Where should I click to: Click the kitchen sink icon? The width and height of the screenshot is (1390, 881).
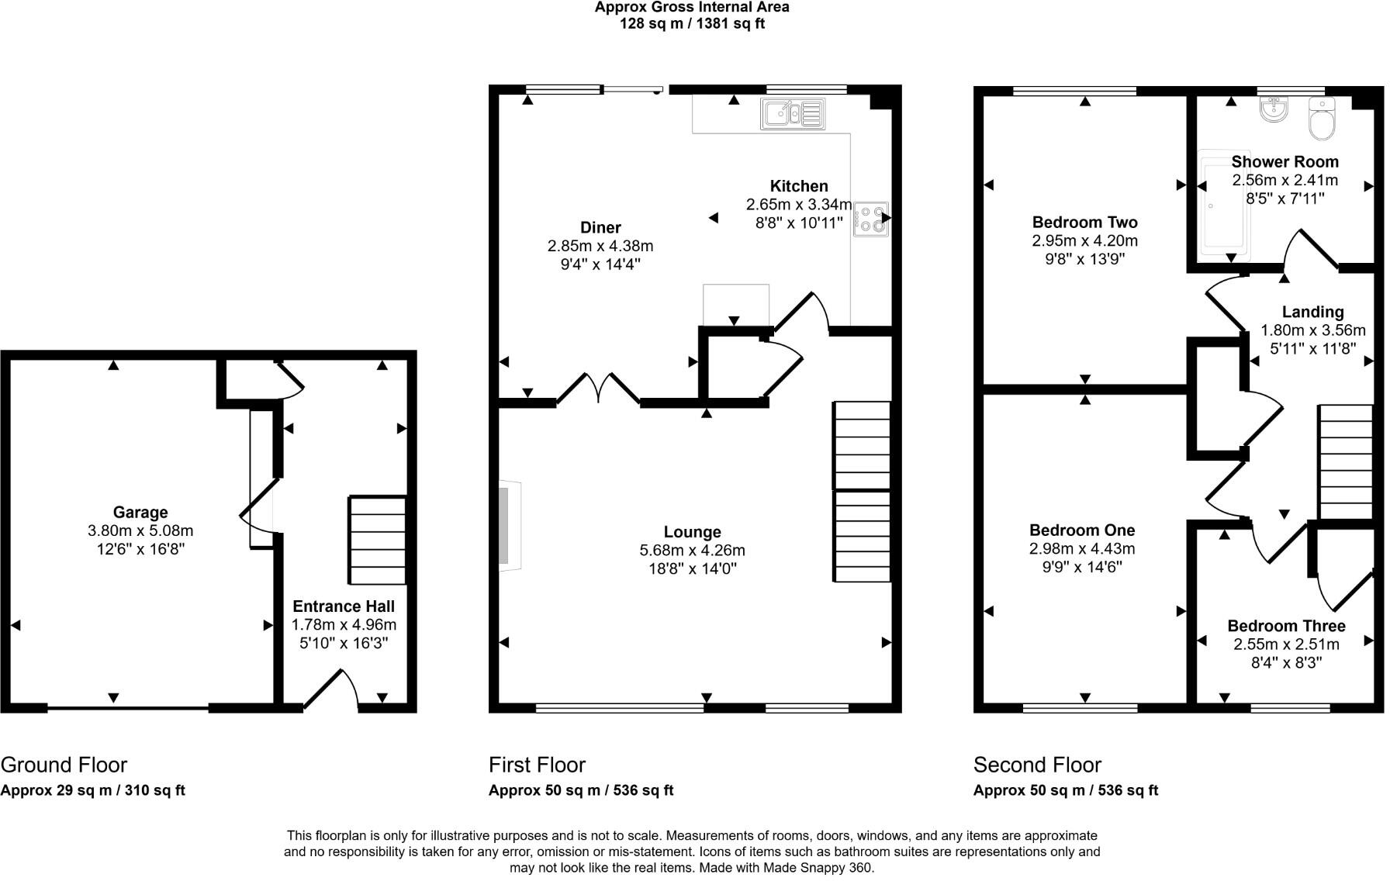click(x=793, y=114)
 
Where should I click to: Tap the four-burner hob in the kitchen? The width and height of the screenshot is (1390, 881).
click(x=870, y=219)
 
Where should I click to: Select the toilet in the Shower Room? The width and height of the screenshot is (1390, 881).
click(x=1321, y=119)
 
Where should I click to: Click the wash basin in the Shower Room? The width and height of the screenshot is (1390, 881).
click(x=1274, y=111)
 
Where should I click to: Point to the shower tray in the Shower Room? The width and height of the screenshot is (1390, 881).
click(x=1222, y=203)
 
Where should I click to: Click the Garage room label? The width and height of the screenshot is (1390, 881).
click(x=140, y=513)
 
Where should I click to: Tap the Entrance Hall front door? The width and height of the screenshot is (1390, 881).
click(x=330, y=689)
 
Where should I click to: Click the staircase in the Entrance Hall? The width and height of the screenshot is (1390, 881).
click(x=378, y=541)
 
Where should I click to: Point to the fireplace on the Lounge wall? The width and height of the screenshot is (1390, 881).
click(x=510, y=527)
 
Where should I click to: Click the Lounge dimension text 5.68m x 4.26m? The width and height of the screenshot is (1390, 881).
click(x=692, y=551)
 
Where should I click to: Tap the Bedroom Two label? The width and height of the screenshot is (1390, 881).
click(x=1084, y=223)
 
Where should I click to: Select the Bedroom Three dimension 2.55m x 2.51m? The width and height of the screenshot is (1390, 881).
click(x=1286, y=644)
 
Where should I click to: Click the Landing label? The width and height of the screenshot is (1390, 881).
click(x=1312, y=312)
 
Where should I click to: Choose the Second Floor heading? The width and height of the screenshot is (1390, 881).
click(x=1037, y=765)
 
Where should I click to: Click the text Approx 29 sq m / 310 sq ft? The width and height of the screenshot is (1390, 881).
click(x=93, y=791)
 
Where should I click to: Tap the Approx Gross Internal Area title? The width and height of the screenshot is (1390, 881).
click(x=692, y=8)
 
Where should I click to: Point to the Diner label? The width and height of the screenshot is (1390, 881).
click(x=600, y=228)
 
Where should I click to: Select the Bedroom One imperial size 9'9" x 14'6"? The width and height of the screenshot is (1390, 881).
click(x=1082, y=568)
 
